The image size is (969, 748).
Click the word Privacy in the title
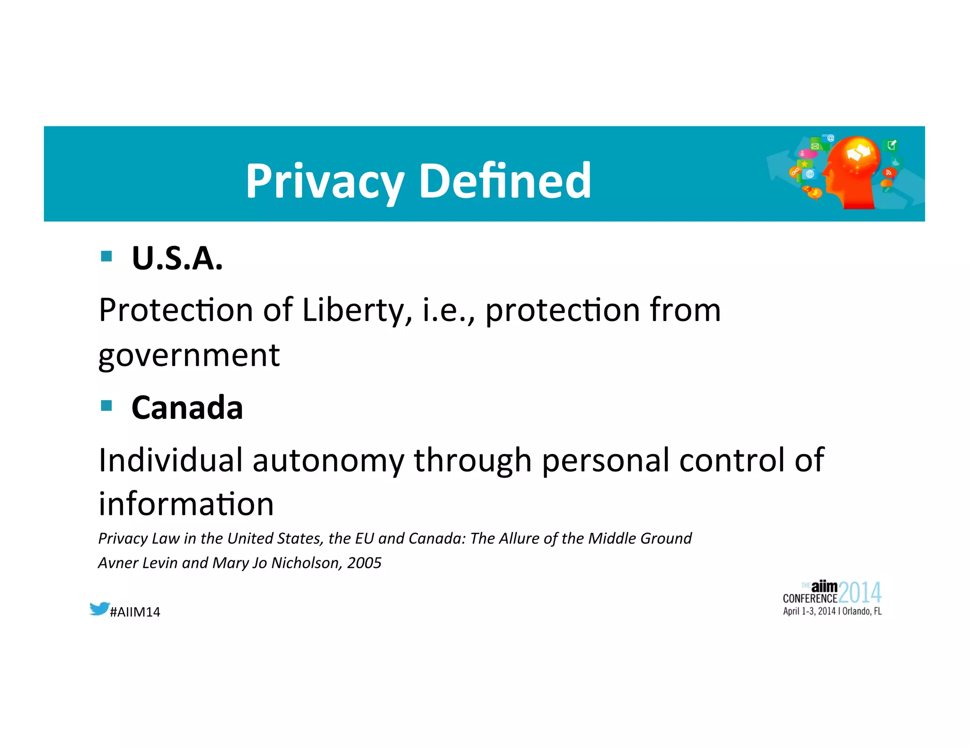324,181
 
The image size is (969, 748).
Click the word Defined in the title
505,181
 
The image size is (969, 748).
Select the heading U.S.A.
177,259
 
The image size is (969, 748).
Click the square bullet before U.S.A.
106,256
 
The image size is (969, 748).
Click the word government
189,356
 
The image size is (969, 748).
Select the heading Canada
187,408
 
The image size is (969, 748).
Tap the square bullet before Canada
106,406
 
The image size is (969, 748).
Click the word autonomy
328,460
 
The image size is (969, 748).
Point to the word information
186,504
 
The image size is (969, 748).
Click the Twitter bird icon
99,609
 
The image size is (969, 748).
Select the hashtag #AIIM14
135,612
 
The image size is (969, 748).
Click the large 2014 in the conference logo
860,592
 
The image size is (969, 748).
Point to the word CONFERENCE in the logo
810,599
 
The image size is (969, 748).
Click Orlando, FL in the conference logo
862,611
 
